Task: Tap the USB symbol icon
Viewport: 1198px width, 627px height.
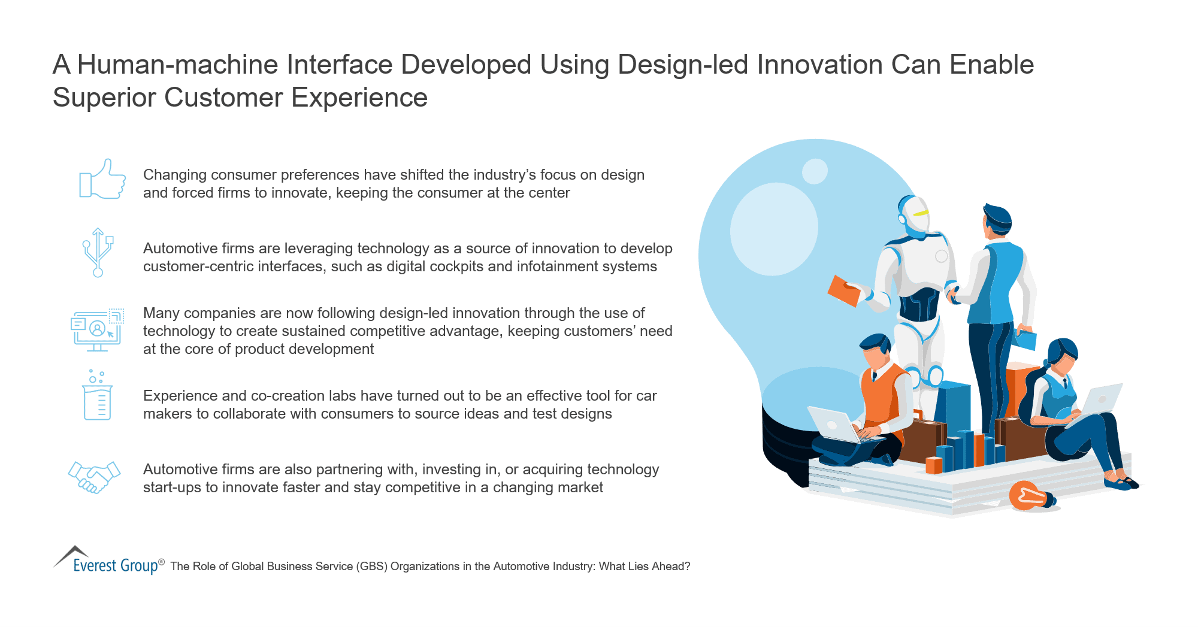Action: tap(98, 252)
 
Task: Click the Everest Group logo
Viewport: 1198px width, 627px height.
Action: tap(108, 561)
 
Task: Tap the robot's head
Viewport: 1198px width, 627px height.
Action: tap(914, 216)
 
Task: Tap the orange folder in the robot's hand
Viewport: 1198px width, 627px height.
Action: tap(844, 291)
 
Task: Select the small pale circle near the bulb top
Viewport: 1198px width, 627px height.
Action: tap(815, 171)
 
